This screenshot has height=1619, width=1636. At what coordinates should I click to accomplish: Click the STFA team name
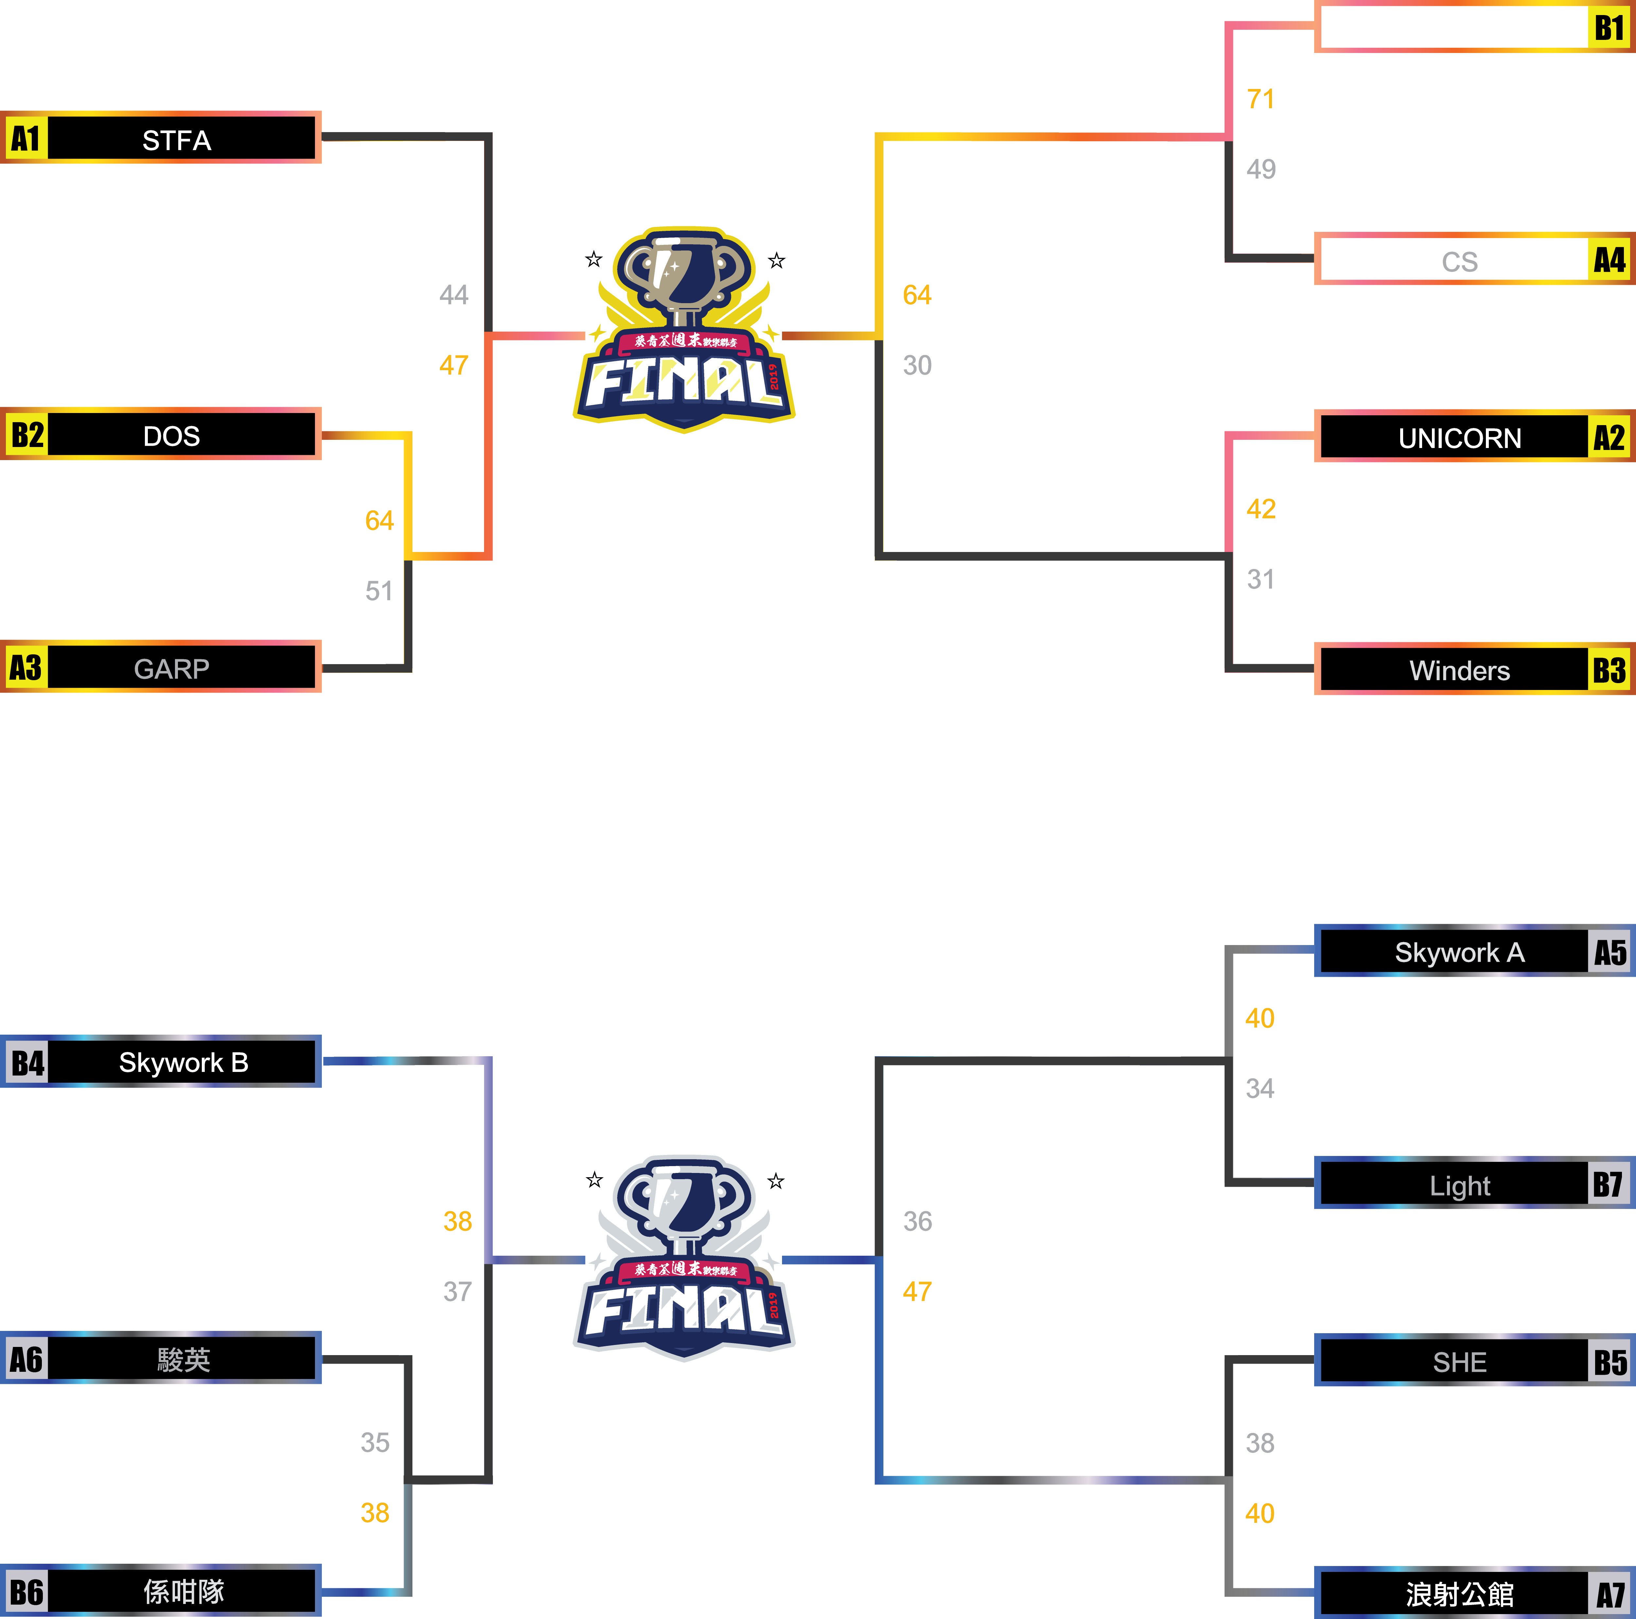(176, 140)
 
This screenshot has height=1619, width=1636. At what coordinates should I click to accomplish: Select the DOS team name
(172, 436)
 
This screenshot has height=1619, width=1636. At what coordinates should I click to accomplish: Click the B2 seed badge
(27, 435)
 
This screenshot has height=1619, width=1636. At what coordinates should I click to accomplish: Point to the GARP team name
(172, 669)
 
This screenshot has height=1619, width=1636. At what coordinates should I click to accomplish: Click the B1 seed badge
(1609, 28)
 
